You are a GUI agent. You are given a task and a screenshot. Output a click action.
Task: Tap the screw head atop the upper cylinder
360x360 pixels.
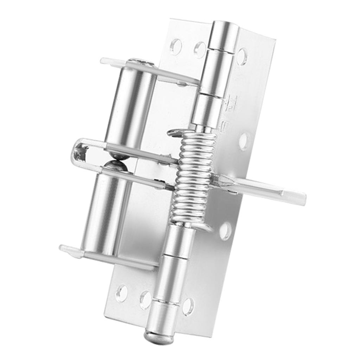pos(141,63)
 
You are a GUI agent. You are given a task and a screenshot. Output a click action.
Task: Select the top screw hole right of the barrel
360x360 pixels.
pos(242,56)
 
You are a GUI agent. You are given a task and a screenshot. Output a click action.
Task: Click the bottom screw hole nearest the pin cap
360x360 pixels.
pos(188,306)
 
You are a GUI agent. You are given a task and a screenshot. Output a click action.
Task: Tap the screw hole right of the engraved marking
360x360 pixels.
pos(245,141)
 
